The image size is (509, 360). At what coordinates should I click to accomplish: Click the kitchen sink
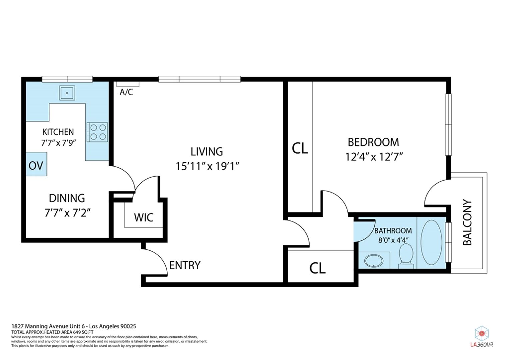[x=67, y=93]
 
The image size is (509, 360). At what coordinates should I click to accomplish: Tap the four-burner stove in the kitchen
[x=97, y=132]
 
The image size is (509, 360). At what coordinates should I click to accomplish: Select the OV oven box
[x=36, y=164]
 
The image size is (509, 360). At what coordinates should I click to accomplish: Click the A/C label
[x=126, y=92]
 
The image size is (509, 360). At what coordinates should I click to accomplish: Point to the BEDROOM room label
[x=373, y=142]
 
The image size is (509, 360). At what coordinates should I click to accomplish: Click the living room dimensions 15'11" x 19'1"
[x=208, y=166]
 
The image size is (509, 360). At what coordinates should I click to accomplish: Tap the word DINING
[x=67, y=198]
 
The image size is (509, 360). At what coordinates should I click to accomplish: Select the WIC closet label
[x=144, y=218]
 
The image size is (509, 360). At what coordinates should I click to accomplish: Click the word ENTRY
[x=185, y=265]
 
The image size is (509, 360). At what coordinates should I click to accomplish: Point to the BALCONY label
[x=467, y=222]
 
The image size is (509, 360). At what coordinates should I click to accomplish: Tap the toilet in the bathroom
[x=406, y=256]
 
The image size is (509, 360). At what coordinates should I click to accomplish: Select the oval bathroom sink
[x=374, y=261]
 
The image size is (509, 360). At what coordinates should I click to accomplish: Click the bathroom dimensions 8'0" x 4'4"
[x=393, y=240]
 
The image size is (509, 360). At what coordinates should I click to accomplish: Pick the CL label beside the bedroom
[x=300, y=148]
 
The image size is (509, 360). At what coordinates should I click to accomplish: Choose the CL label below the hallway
[x=317, y=268]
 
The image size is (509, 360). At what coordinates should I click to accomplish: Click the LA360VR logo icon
[x=481, y=334]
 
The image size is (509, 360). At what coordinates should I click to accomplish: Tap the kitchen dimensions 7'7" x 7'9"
[x=58, y=143]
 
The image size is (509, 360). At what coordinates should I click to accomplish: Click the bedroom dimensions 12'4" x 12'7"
[x=374, y=157]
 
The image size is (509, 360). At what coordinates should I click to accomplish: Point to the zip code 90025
[x=128, y=326]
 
